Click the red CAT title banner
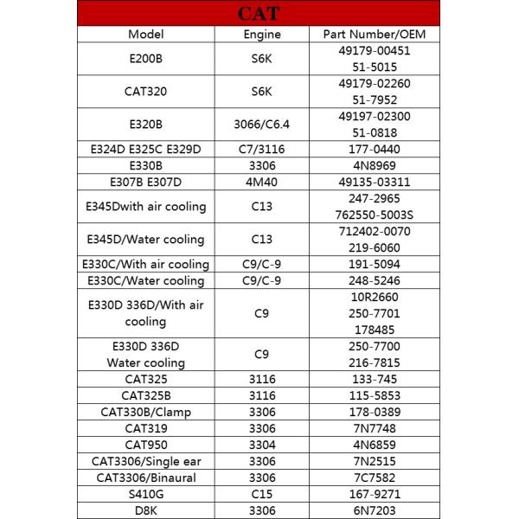coord(259,13)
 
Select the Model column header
coord(145,35)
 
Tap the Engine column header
coord(262,35)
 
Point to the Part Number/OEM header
coord(374,35)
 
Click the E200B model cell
coord(145,58)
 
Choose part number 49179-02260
coord(374,83)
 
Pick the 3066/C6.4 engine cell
coord(262,124)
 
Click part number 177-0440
coord(374,149)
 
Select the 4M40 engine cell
coord(262,182)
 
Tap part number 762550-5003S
coord(374,214)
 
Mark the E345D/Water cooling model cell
coord(145,239)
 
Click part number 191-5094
coord(374,264)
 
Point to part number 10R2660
coord(374,297)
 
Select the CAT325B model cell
coord(145,395)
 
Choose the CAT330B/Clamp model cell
coord(145,412)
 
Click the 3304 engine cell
coord(262,445)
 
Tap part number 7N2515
coord(374,461)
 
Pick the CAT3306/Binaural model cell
coord(145,477)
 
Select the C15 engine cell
coord(262,494)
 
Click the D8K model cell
coord(145,510)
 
